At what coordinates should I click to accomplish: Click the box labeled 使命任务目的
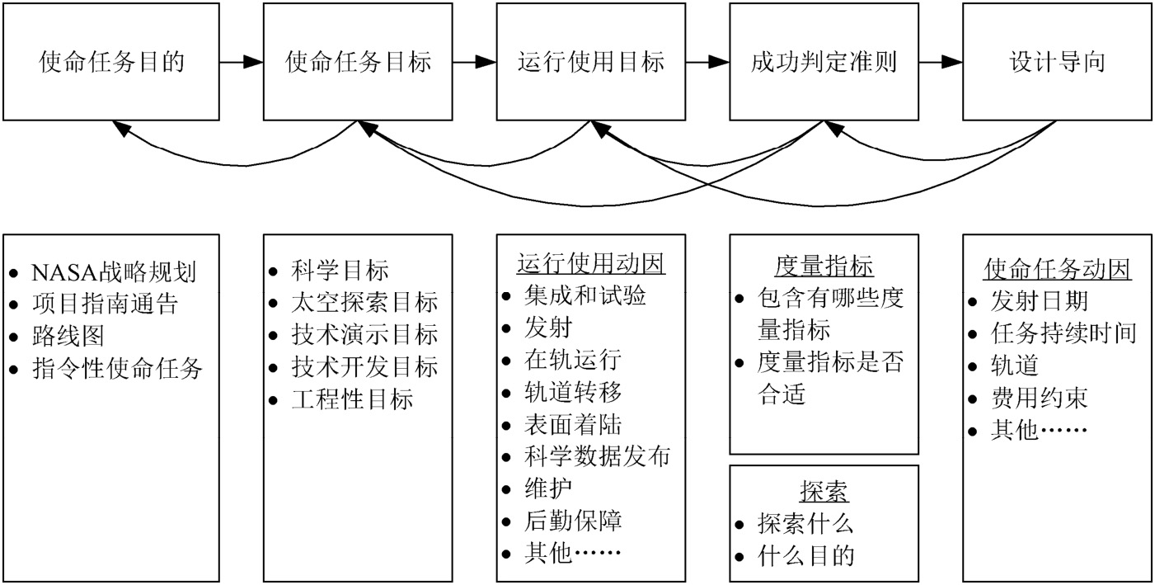coord(111,62)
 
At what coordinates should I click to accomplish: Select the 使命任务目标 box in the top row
coord(358,62)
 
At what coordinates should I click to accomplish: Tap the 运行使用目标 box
coord(591,62)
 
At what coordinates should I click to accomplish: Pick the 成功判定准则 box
coord(824,62)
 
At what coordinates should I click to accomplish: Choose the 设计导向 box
coord(1057,62)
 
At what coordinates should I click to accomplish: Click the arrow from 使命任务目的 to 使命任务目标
coord(242,62)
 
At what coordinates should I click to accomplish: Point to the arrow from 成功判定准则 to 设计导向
coord(941,62)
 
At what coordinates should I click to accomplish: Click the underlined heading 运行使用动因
coord(591,263)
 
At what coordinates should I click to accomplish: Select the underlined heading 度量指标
coord(824,267)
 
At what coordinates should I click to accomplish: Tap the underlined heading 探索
coord(824,492)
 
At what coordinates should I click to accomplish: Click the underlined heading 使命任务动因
coord(1057,269)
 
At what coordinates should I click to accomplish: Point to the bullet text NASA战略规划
coord(114,272)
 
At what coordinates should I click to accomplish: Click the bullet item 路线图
coord(68,337)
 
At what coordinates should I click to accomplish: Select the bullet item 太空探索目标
coord(364,302)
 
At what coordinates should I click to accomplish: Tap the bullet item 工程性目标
coord(352,399)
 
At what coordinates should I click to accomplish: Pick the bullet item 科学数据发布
coord(597,456)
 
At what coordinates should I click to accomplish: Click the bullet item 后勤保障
coord(573,521)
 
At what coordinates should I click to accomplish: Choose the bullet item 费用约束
coord(1039,398)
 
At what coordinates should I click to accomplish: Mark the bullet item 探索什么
coord(805,524)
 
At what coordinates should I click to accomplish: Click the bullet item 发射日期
coord(1039,301)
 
